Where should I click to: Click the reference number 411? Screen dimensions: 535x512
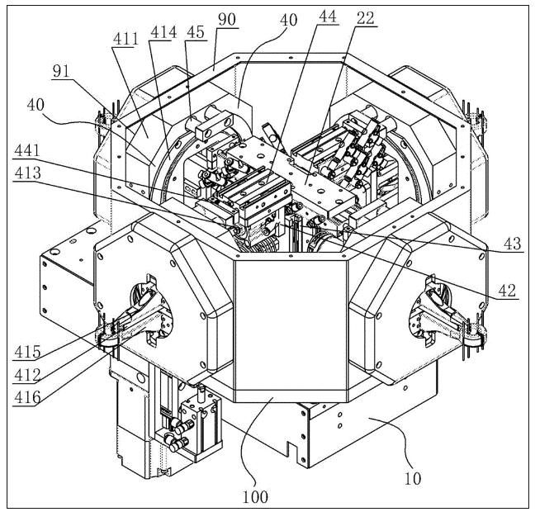click(125, 39)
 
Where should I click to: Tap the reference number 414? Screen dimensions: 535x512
click(163, 32)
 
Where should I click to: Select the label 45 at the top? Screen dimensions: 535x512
click(196, 32)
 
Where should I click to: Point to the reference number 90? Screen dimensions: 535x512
click(227, 20)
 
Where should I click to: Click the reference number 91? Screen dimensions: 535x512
click(61, 71)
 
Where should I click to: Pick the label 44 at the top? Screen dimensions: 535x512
click(328, 17)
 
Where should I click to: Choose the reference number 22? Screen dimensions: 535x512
click(366, 18)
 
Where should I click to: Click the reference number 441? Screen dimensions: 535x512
click(27, 150)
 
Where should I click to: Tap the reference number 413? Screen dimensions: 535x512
click(27, 173)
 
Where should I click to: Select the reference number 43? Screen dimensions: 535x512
click(513, 244)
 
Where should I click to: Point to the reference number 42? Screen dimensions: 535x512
click(508, 291)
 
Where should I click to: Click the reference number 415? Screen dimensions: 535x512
click(27, 352)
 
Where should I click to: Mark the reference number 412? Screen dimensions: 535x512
click(27, 375)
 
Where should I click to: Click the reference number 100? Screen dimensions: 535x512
click(255, 497)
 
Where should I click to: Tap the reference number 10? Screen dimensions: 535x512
click(413, 479)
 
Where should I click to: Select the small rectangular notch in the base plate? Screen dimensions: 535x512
click(292, 448)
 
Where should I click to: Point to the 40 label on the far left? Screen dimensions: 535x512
click(36, 105)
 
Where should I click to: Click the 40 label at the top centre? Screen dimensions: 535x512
click(289, 20)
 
